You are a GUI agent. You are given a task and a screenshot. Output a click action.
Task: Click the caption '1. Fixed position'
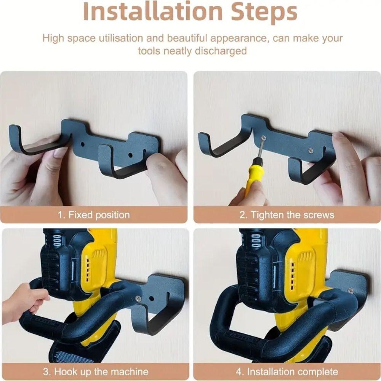click(94, 215)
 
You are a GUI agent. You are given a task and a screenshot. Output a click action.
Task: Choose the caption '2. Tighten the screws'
click(287, 215)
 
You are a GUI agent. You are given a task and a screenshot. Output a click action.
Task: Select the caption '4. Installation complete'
click(287, 371)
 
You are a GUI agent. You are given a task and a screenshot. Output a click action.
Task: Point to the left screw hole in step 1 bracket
click(83, 145)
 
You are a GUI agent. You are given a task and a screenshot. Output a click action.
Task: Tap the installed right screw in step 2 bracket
click(311, 151)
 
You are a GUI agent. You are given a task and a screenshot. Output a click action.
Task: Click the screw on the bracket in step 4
click(350, 291)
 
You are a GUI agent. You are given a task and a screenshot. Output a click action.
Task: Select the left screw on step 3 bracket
click(138, 299)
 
